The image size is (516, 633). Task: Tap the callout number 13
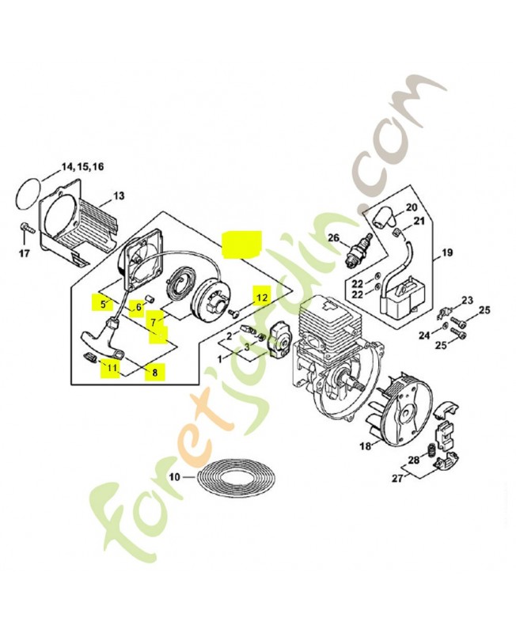click(120, 196)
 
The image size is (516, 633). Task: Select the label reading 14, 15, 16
click(83, 166)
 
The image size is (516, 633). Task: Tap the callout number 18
click(366, 446)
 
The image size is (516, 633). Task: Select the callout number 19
click(447, 253)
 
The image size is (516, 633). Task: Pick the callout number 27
click(397, 479)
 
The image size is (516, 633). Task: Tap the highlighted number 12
click(262, 298)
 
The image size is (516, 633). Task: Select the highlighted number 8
click(155, 373)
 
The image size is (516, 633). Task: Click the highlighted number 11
click(112, 368)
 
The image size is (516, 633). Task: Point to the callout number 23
click(467, 301)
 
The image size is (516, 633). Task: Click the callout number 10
click(174, 477)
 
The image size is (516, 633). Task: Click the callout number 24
click(424, 335)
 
